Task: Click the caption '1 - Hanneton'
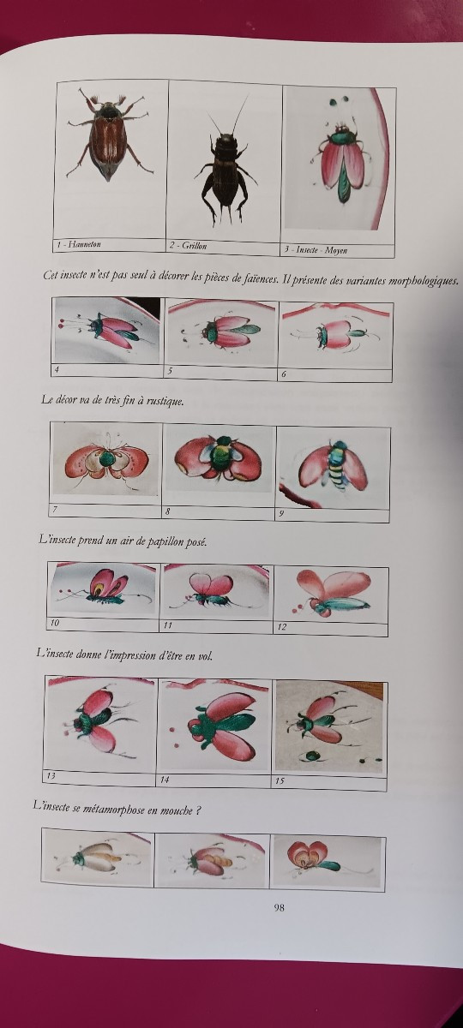click(x=79, y=245)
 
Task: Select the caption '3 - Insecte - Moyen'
click(x=315, y=250)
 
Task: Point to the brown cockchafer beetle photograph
click(x=108, y=135)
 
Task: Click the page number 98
click(x=279, y=907)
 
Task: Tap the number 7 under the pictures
click(x=55, y=509)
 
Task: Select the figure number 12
click(x=281, y=627)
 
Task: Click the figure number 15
click(x=280, y=780)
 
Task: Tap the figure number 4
click(x=57, y=368)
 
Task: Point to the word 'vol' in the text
click(x=205, y=656)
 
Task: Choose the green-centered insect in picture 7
click(x=106, y=461)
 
